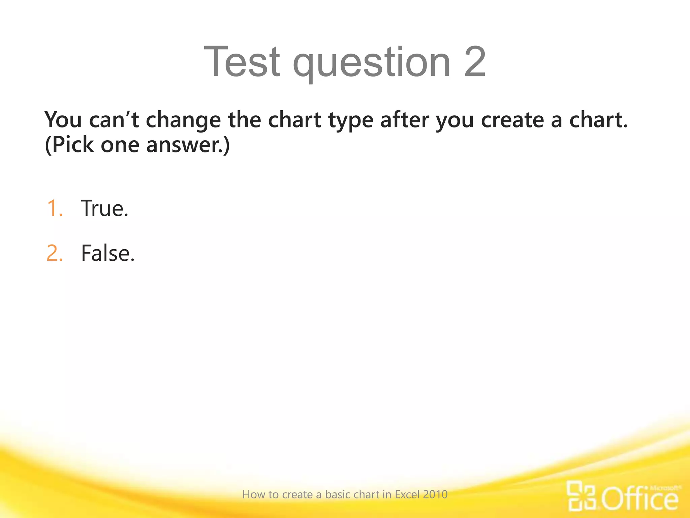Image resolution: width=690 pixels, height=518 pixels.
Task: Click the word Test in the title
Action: (242, 62)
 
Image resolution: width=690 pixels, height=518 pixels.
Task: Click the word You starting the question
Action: (63, 120)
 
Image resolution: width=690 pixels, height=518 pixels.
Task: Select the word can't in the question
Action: (114, 120)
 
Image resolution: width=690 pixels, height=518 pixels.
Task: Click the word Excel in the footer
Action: (407, 494)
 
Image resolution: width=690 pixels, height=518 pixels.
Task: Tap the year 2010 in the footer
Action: (435, 494)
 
